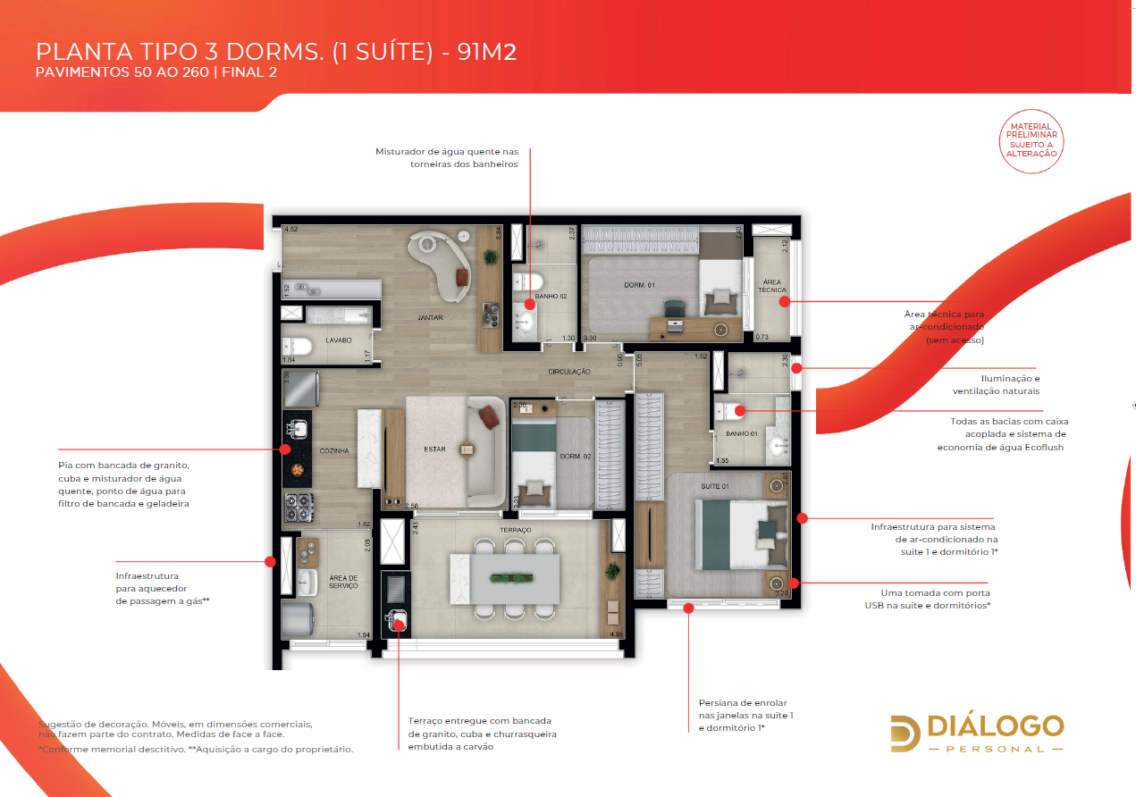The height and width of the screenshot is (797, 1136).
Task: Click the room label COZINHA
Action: coord(334,451)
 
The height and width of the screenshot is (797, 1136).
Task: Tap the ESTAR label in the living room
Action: coord(434,449)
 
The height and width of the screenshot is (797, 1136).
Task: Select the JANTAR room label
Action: coord(430,317)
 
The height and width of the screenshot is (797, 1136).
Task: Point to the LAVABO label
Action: coord(339,340)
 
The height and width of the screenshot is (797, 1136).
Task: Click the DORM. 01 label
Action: coord(640,285)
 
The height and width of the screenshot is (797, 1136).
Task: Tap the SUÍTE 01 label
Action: coord(714,487)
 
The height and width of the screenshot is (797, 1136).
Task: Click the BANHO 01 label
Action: coord(742,434)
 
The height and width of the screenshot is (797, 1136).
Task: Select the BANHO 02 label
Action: coord(551,295)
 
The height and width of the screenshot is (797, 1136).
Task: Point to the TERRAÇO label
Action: coord(516,530)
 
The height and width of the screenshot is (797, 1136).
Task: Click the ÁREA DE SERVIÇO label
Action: coord(343,582)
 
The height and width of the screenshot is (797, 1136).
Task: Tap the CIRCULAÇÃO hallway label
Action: coord(569,371)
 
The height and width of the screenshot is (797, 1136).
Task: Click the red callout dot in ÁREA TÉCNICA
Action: coord(784,302)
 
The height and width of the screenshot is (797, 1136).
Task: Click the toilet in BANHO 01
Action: coord(730,412)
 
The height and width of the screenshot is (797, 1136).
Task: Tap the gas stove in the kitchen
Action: coord(298,508)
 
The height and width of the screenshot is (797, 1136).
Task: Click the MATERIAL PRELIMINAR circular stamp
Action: coord(1031,140)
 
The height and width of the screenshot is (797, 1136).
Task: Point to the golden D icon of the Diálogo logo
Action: coord(905,734)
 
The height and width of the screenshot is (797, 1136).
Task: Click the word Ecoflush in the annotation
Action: coord(1039,447)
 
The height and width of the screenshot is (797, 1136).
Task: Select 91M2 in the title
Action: coord(487,52)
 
